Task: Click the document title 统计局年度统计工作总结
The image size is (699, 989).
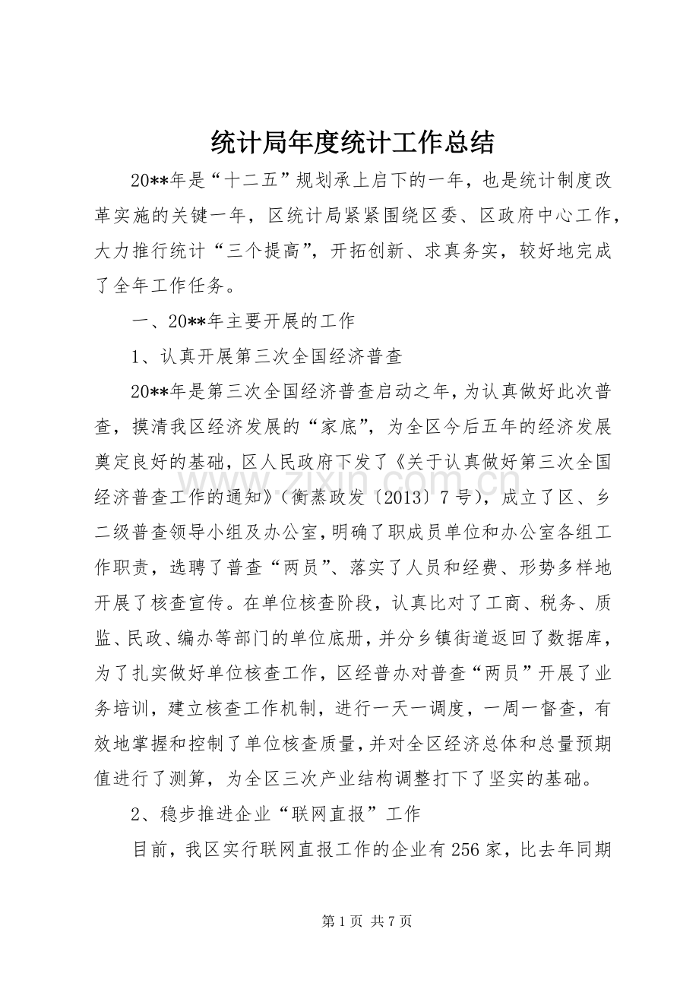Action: [x=350, y=141]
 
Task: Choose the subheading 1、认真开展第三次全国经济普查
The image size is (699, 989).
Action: [x=266, y=356]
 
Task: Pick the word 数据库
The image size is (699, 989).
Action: [x=577, y=638]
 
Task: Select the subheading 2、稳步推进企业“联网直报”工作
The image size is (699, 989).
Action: [x=276, y=814]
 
